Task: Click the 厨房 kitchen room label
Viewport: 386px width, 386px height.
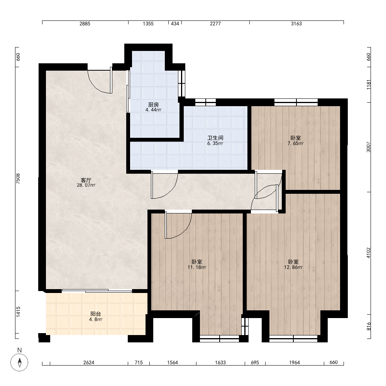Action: (x=153, y=105)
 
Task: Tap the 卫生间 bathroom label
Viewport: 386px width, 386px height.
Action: (x=215, y=138)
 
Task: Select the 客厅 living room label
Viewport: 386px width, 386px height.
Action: (x=86, y=180)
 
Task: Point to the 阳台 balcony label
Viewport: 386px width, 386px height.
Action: (x=95, y=314)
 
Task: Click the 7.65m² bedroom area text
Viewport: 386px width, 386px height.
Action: (x=295, y=143)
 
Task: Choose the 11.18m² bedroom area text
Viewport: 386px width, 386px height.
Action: (x=197, y=267)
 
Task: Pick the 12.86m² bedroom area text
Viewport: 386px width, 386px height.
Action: (x=293, y=267)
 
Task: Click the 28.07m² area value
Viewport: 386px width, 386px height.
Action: (x=86, y=185)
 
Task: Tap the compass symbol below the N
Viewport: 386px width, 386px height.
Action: (x=19, y=362)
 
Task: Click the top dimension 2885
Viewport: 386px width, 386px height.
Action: (x=85, y=24)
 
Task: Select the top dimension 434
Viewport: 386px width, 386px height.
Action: (x=175, y=24)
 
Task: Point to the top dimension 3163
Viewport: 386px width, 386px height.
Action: (x=296, y=24)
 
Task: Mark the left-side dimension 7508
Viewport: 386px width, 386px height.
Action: (x=18, y=179)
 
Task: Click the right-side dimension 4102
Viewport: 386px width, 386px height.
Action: (x=368, y=253)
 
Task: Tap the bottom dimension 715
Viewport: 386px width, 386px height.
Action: (x=139, y=362)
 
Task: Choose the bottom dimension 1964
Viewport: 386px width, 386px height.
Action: (x=295, y=362)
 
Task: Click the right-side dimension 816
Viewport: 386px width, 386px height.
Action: (x=368, y=327)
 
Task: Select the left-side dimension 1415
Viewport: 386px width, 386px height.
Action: (x=18, y=312)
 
